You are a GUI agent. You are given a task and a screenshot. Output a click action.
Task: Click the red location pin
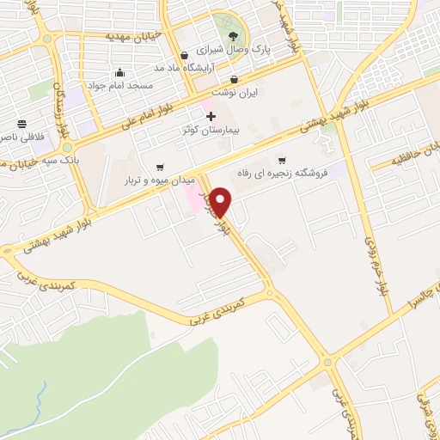(x=221, y=203)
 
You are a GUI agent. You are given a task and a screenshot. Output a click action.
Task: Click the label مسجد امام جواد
(x=122, y=86)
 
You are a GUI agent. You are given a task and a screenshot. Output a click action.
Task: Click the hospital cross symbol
(x=211, y=115)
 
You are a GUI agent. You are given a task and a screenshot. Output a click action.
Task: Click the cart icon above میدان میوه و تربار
(x=160, y=168)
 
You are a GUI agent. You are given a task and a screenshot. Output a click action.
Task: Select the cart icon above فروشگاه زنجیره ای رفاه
(x=281, y=161)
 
